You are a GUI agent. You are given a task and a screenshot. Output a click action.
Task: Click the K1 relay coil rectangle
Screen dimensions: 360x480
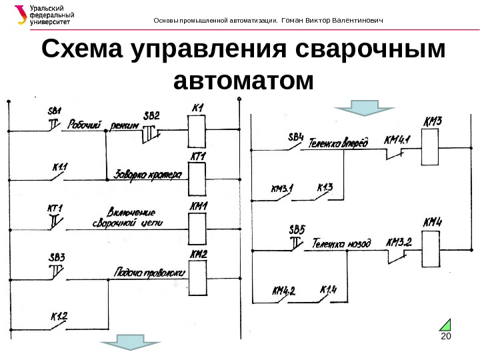[197, 132]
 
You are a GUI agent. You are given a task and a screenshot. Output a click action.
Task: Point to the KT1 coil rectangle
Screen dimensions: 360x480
[197, 178]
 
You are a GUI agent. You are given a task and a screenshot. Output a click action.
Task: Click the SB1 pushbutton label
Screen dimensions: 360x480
[55, 110]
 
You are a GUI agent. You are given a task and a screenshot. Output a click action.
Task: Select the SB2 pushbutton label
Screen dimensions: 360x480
[153, 115]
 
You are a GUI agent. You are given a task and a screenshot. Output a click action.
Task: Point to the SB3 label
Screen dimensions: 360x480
[57, 257]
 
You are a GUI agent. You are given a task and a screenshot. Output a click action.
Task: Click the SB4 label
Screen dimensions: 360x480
[296, 137]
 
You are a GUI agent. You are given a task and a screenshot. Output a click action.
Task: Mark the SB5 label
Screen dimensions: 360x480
[297, 229]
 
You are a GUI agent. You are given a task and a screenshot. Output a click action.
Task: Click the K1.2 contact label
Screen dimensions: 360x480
[59, 316]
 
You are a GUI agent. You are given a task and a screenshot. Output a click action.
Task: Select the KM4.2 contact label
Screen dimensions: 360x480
[283, 290]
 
